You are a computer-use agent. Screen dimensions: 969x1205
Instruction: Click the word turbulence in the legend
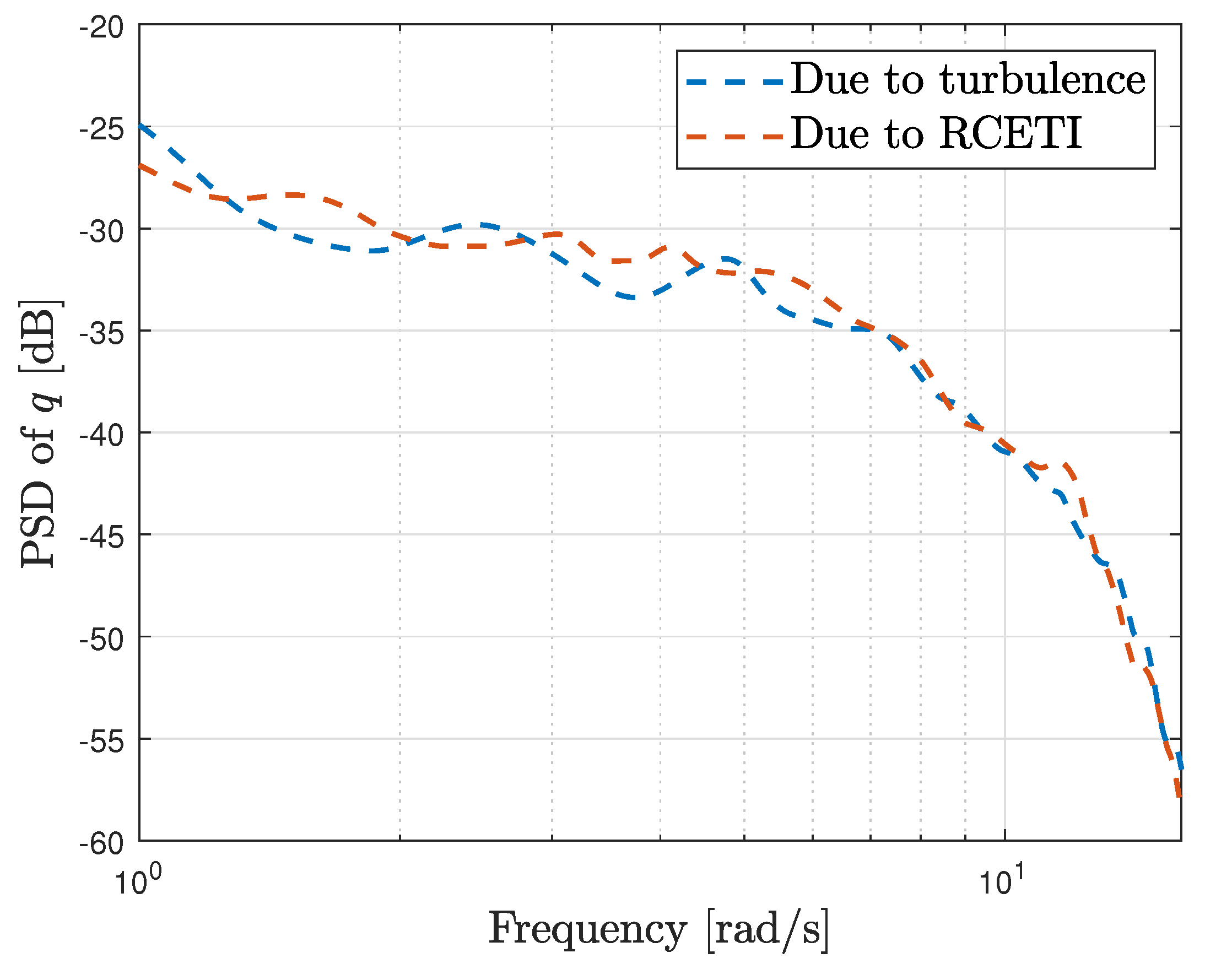tap(1043, 80)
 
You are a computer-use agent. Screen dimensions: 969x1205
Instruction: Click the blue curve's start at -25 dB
tap(141, 126)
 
